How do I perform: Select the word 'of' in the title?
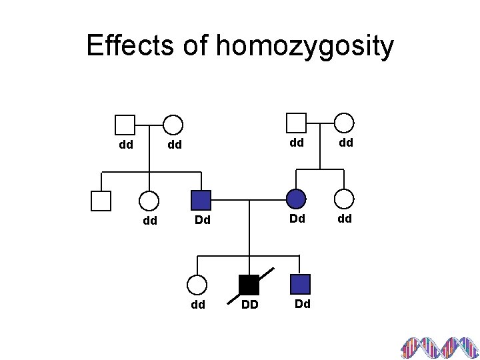193,46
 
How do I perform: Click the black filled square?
249,285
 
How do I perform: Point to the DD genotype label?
249,305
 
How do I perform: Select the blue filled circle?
296,199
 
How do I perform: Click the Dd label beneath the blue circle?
297,219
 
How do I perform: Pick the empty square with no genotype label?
101,200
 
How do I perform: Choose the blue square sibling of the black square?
301,285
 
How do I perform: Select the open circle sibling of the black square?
197,285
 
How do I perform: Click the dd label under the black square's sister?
197,305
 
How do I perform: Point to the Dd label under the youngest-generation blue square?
302,304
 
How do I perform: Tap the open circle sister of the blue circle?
344,199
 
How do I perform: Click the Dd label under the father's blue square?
203,219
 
